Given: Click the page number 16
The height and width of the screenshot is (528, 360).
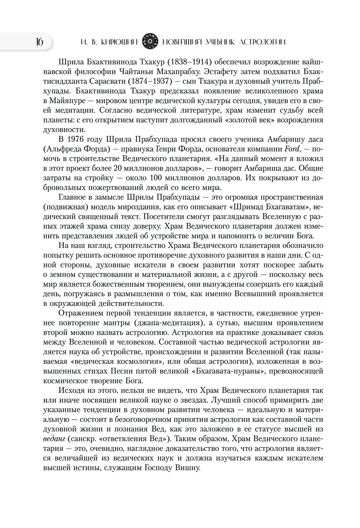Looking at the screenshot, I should coord(39,42).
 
